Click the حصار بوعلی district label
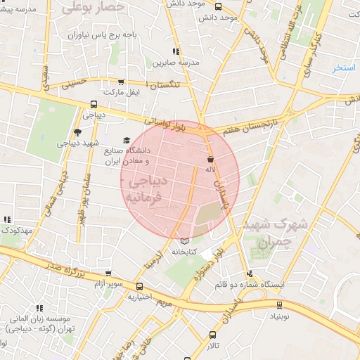(93, 8)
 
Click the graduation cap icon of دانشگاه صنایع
(127, 140)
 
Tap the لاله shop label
(210, 169)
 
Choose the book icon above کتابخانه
(185, 241)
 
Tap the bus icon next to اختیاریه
(139, 286)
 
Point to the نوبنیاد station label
(278, 316)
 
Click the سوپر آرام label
(109, 284)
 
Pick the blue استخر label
(344, 67)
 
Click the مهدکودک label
(16, 231)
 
